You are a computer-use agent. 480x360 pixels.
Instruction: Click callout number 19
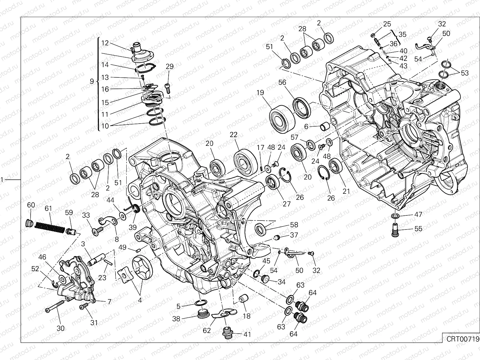tap(260, 93)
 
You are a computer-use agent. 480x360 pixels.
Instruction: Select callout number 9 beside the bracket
tap(92, 81)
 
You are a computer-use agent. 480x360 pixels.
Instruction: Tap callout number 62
tap(207, 331)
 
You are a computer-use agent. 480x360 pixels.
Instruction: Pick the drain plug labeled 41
tap(228, 332)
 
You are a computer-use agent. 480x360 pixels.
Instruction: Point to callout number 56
tap(282, 82)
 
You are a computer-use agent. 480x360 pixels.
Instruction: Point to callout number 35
tap(402, 34)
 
